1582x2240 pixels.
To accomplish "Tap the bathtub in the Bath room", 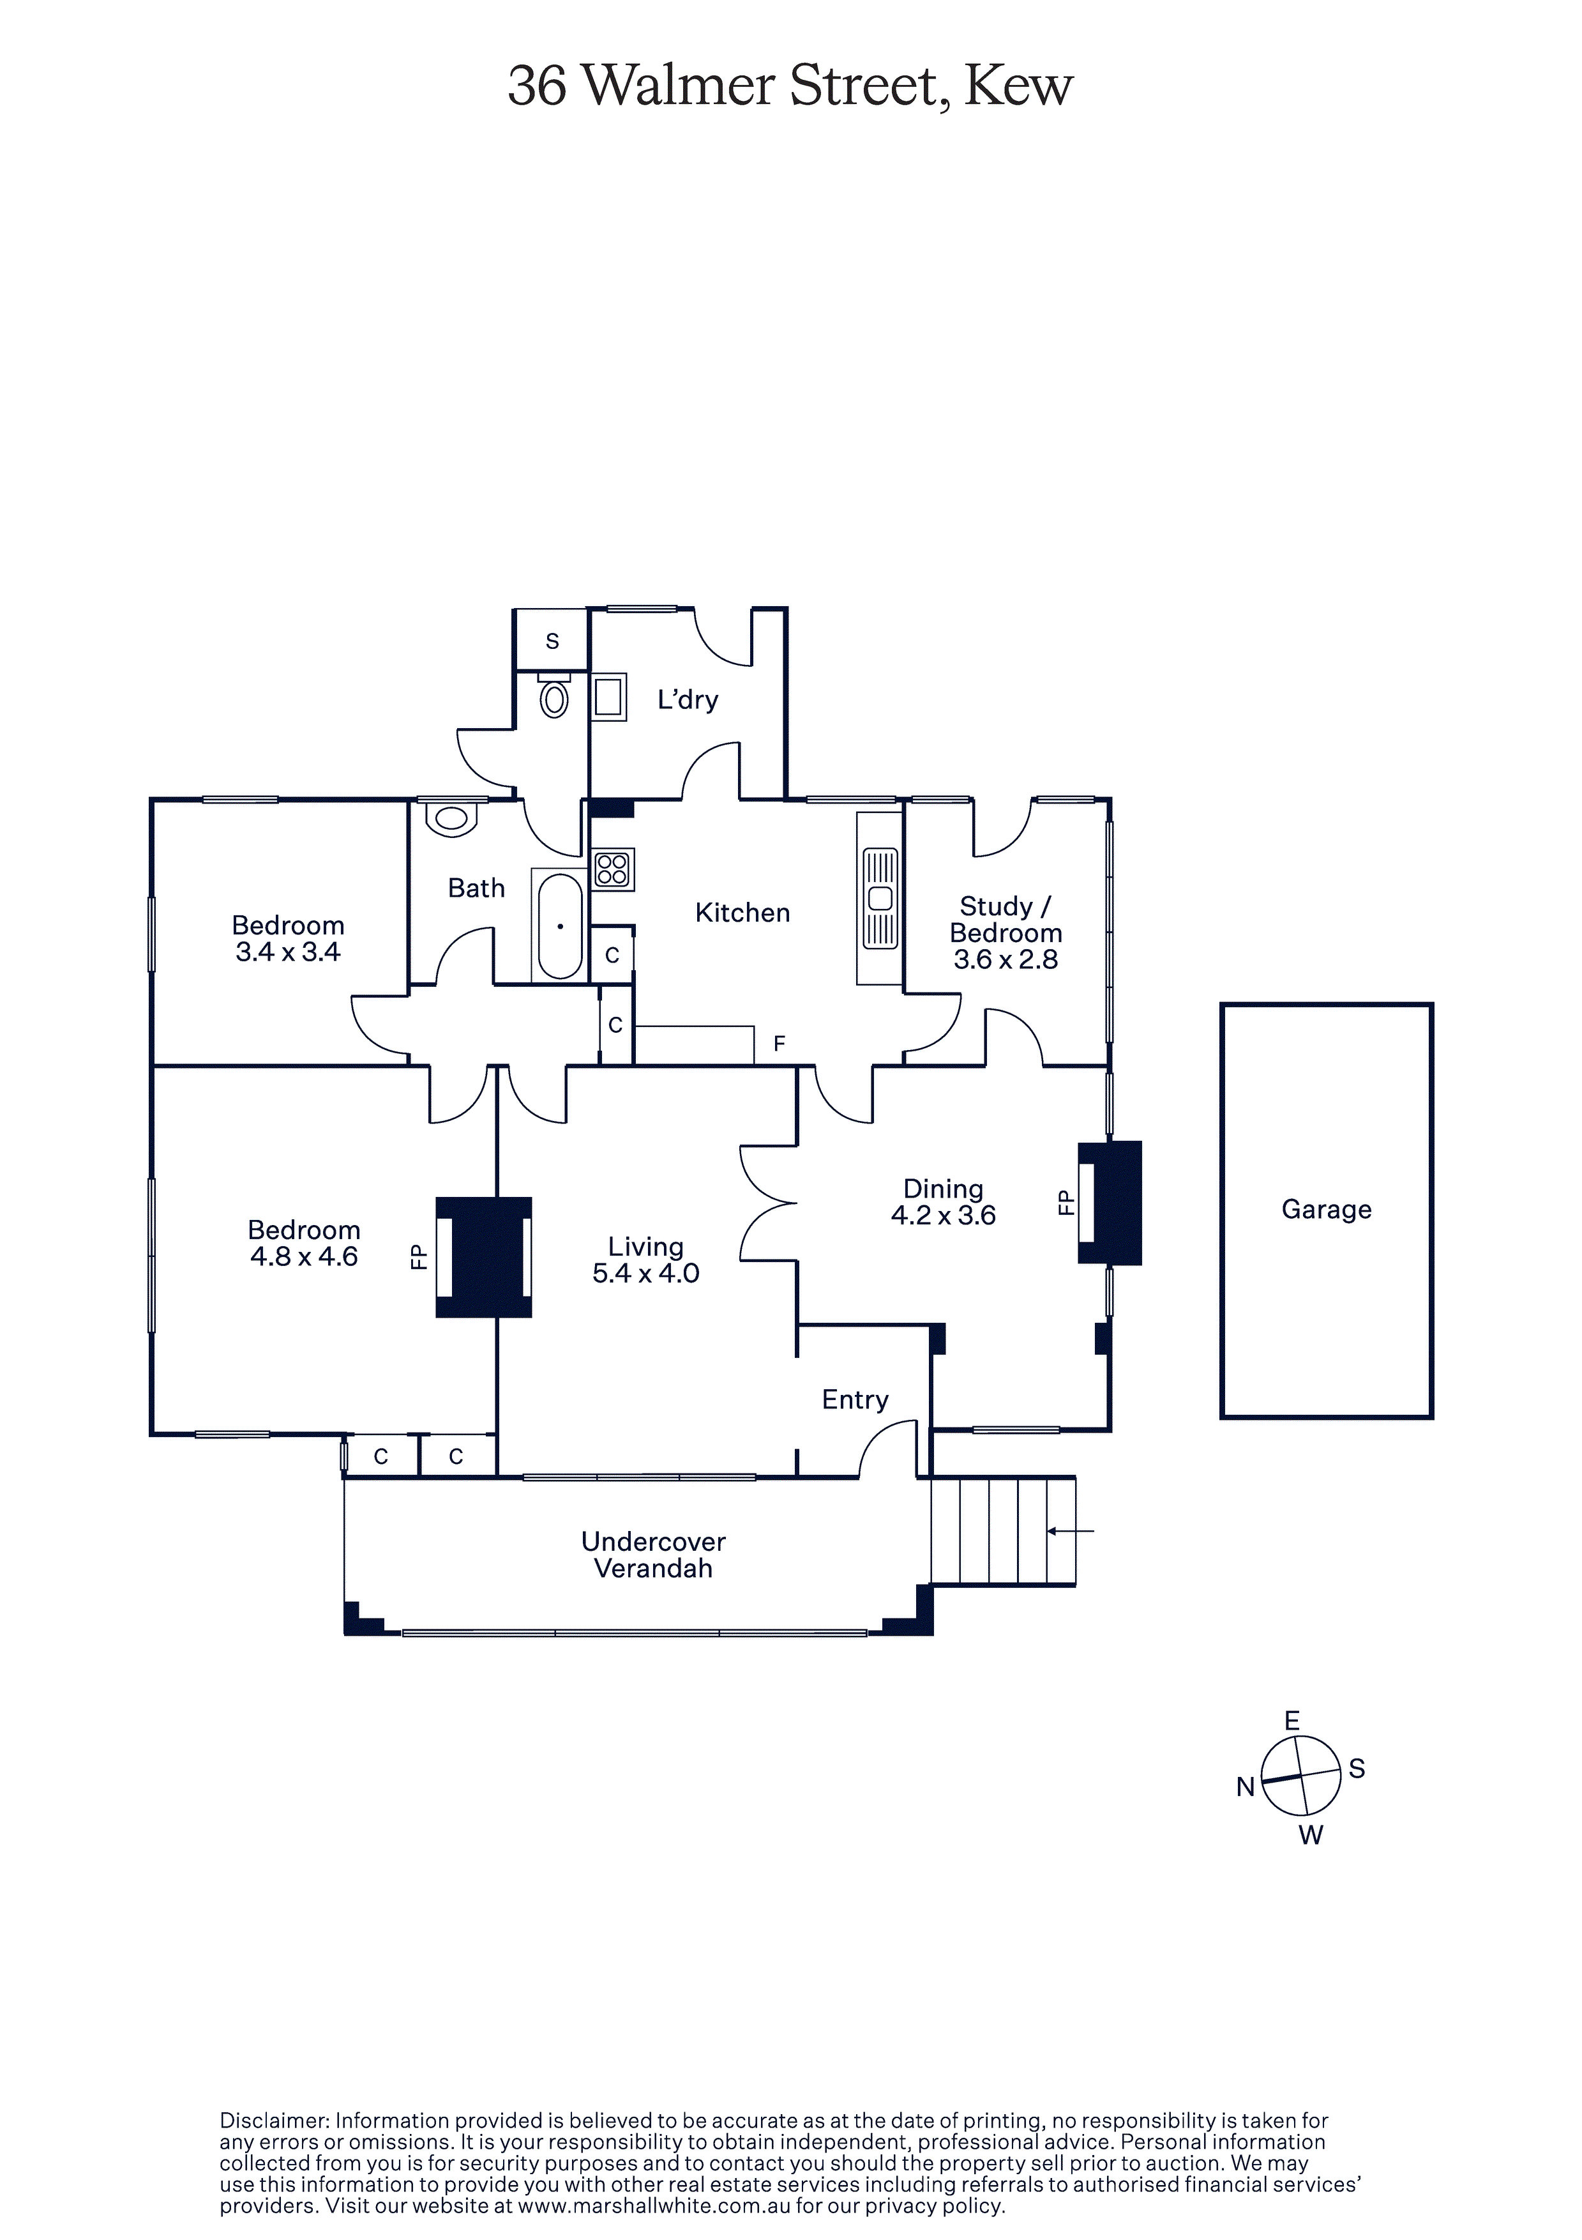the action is coord(560,925).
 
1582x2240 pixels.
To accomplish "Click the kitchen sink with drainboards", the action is coord(880,899).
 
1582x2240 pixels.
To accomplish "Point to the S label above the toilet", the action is coord(552,641).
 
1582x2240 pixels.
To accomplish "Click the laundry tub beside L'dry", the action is coord(608,697).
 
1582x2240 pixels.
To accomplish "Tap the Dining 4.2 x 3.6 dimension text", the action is coord(943,1215).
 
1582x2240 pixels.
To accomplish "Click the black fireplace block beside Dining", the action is coord(1110,1203).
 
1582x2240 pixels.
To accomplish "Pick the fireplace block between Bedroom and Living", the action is coord(484,1258).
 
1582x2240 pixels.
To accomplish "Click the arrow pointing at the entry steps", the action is coord(1070,1531).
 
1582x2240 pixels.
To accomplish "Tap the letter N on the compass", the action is coord(1246,1787).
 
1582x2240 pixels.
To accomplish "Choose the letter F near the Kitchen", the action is coord(780,1044).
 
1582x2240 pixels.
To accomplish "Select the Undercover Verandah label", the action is coord(654,1555).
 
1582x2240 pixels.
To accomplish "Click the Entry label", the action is coord(855,1400).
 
